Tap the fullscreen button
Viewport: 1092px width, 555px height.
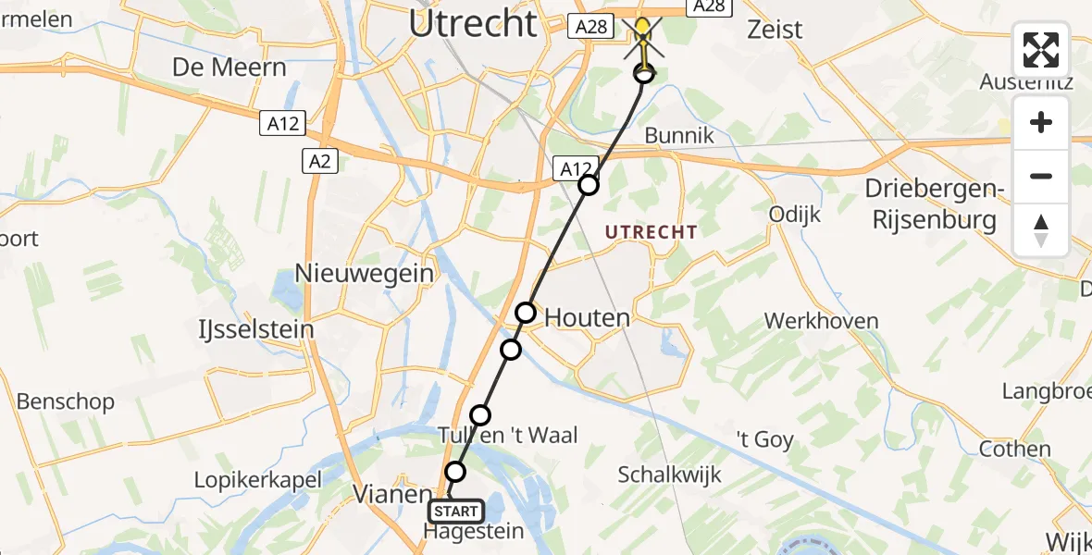coord(1041,50)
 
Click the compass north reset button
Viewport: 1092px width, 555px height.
coord(1041,230)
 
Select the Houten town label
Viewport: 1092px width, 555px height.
coord(587,318)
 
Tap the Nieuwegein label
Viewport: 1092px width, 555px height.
coord(364,273)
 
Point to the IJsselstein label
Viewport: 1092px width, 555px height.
coord(255,329)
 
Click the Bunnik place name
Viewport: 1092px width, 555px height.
coord(679,136)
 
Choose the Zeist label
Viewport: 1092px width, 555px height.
coord(775,29)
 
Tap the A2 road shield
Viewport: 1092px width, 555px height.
coord(320,162)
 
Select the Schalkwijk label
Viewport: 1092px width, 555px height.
coord(669,475)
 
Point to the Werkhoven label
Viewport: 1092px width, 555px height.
coord(821,321)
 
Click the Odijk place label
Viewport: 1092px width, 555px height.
coord(795,215)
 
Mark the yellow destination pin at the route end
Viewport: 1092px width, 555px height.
coord(642,32)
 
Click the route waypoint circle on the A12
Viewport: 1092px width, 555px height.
coord(589,185)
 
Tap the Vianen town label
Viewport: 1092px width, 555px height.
coord(392,495)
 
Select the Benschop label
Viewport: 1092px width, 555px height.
coord(66,401)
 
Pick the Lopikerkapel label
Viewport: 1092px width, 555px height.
coord(257,479)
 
